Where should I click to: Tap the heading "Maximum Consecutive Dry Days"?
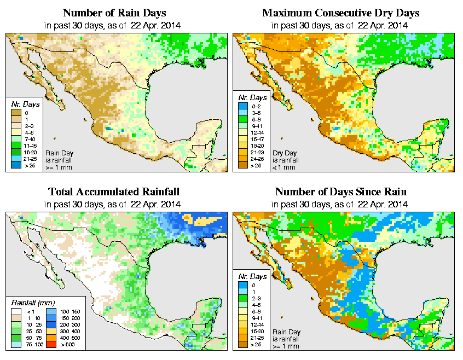tap(340, 13)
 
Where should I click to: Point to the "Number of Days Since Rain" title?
tap(340, 191)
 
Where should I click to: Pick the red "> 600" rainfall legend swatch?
tap(50, 346)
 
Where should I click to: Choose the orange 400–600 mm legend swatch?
tap(50, 339)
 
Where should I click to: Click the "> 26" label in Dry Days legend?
tap(254, 165)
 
